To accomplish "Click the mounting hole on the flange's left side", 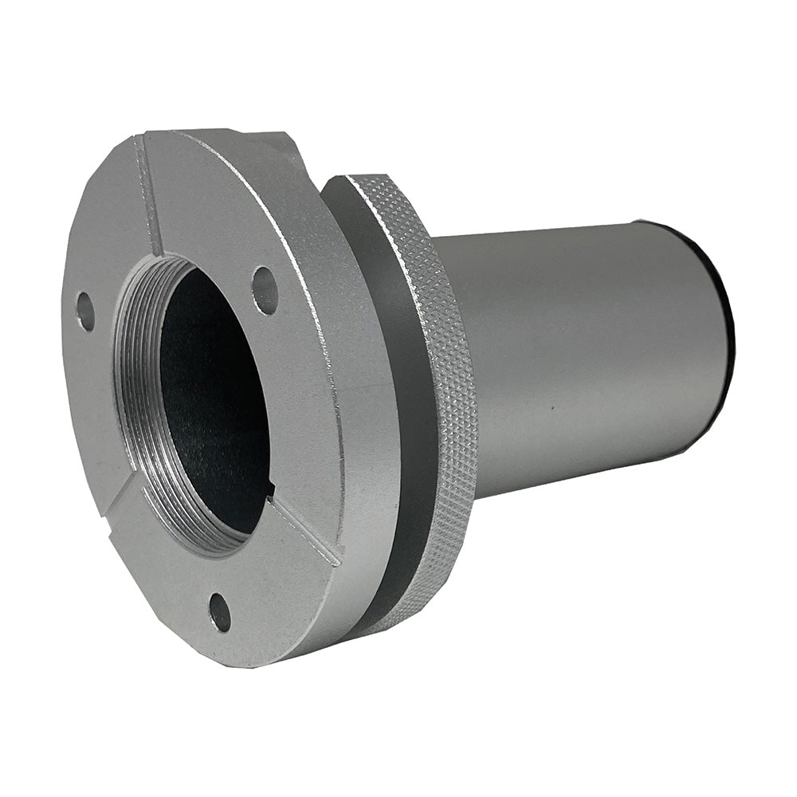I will [x=85, y=312].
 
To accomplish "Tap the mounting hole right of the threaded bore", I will [x=265, y=289].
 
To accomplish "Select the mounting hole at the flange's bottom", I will [x=221, y=611].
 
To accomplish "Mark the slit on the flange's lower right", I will [x=307, y=530].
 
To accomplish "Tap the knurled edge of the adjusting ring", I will [x=446, y=383].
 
